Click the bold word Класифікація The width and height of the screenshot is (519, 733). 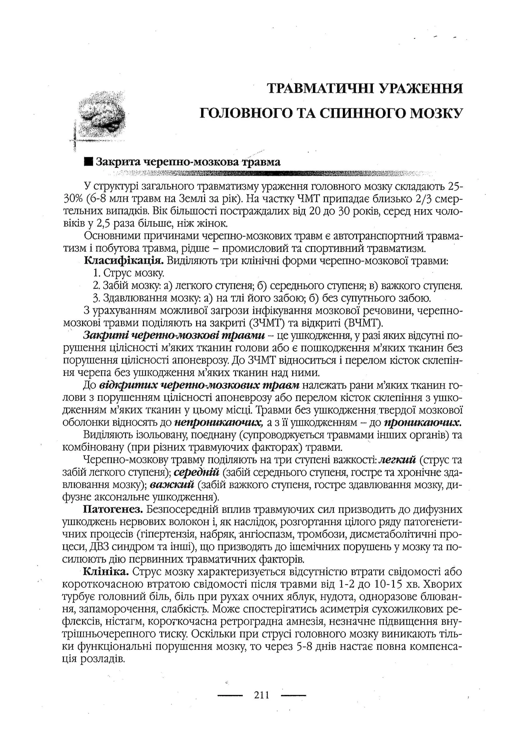124,261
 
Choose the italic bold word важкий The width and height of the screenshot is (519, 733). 172,485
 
